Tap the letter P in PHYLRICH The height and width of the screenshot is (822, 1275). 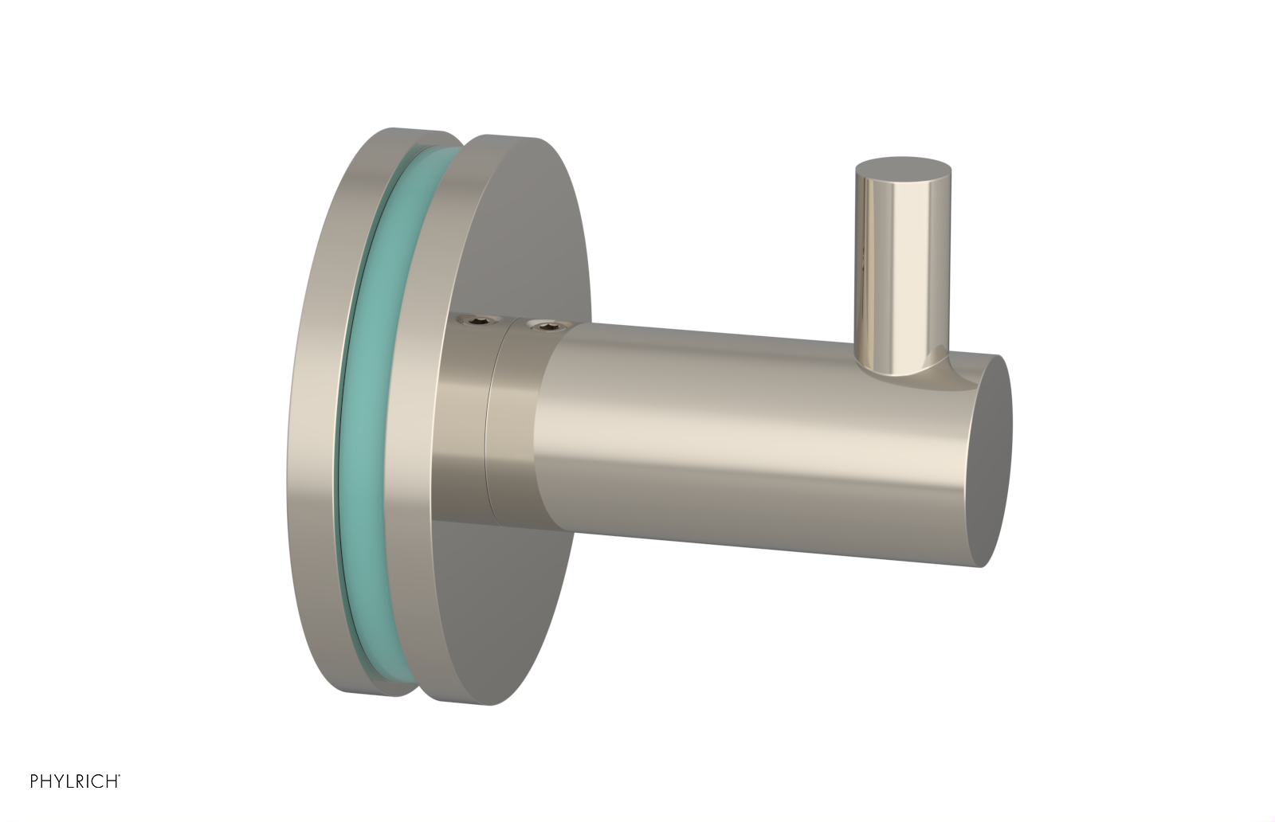(x=34, y=781)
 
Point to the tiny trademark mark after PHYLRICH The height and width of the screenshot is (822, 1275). (x=120, y=777)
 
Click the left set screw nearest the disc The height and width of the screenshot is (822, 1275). (x=464, y=322)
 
